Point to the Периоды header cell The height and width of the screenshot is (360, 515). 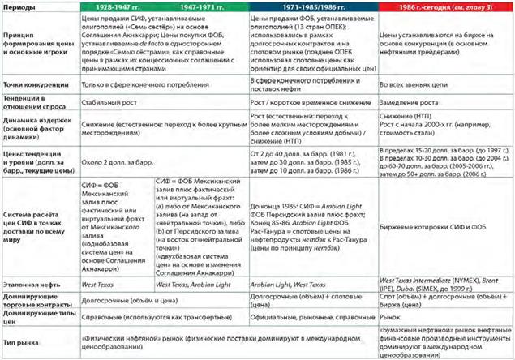click(x=21, y=7)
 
